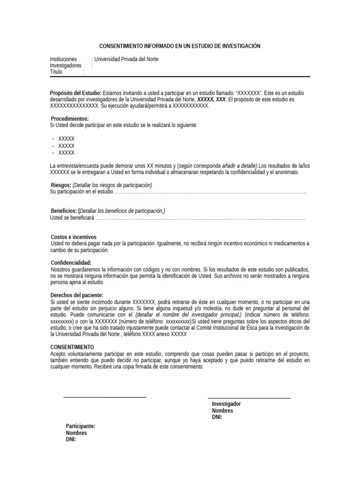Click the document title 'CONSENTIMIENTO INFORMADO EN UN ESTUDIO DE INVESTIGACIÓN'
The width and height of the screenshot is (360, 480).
[180, 46]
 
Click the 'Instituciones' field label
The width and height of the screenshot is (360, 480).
[63, 59]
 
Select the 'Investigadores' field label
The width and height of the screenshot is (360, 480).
[66, 66]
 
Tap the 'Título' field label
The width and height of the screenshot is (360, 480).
[56, 72]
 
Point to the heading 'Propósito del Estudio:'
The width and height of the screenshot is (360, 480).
[75, 93]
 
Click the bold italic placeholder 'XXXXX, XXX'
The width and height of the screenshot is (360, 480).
[211, 99]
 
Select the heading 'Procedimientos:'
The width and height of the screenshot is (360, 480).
[69, 119]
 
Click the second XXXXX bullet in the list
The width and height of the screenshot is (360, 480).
[66, 146]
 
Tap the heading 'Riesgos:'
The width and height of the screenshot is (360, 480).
[61, 185]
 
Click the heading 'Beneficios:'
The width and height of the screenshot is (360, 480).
[64, 211]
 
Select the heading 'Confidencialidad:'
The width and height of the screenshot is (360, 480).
[71, 263]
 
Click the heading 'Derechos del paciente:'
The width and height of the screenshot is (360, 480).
[76, 295]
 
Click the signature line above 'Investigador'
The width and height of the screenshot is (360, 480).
[249, 398]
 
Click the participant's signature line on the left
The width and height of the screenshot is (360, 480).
[105, 397]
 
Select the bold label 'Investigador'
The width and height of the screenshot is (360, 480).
[226, 404]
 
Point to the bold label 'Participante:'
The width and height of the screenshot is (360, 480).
[81, 426]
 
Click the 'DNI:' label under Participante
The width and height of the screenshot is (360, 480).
[71, 440]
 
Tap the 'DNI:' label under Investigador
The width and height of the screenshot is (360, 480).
[217, 417]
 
